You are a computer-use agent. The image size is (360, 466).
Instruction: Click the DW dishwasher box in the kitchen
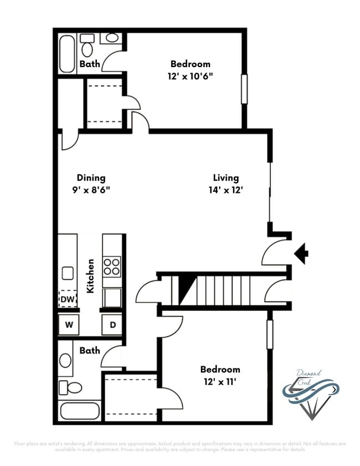68,299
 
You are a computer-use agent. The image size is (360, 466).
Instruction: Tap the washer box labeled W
69,325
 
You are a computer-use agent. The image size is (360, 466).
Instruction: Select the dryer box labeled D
112,325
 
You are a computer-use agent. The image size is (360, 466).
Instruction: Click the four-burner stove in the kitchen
112,267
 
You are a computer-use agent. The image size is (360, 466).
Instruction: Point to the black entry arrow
301,254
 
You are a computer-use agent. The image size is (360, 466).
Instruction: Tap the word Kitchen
90,276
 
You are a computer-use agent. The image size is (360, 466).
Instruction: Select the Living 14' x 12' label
226,183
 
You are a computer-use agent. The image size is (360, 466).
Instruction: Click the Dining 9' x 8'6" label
91,183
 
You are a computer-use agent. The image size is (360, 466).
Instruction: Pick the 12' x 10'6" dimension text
190,76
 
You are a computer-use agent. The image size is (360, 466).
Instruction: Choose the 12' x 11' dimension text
220,381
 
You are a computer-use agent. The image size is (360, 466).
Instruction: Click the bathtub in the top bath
67,54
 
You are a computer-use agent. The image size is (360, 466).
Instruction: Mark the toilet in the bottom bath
71,387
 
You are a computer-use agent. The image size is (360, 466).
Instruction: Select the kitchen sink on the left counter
68,273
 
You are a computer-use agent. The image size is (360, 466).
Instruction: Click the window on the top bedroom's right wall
244,88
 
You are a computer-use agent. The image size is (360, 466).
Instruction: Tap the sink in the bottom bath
65,361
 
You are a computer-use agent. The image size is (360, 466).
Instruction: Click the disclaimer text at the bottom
180,446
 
